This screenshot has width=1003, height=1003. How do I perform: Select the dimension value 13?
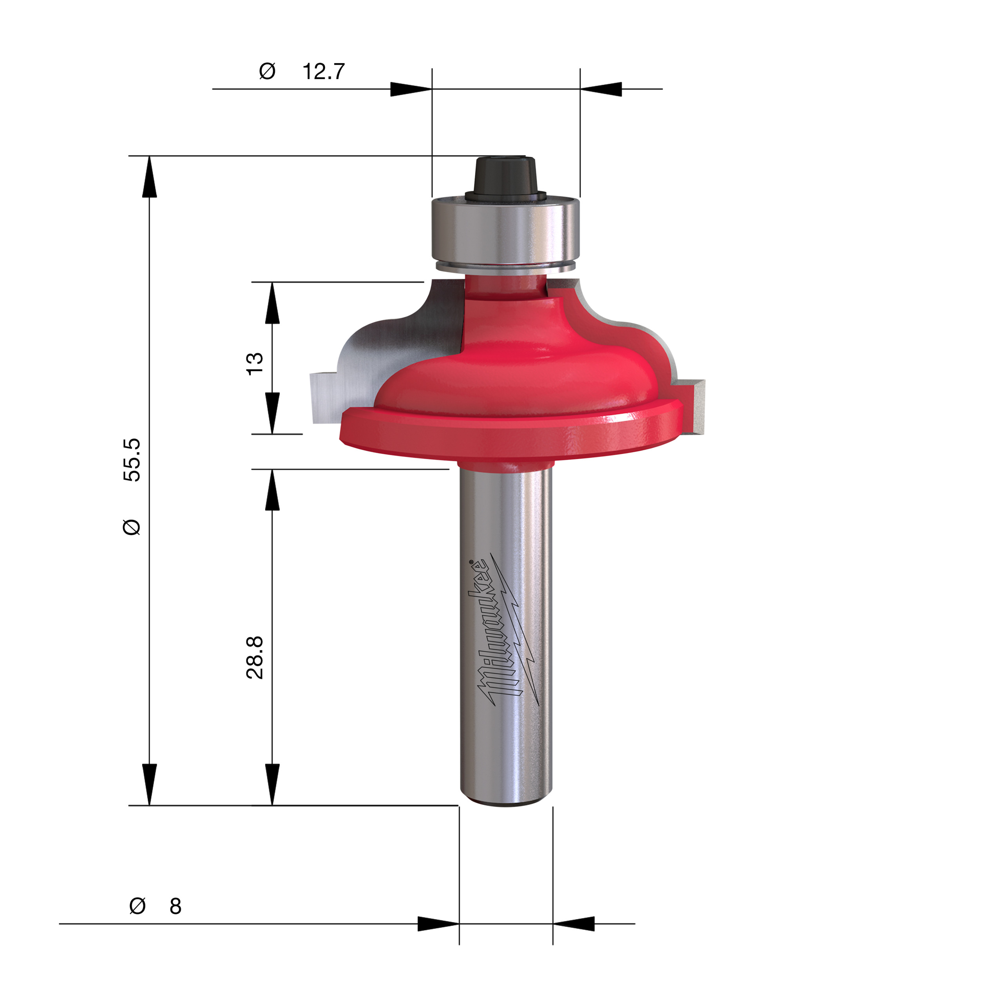coord(254,364)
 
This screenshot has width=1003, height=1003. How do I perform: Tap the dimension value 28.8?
coord(254,657)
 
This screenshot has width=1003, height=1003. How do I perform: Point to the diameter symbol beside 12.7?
coord(267,71)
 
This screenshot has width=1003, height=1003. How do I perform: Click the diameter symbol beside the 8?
coord(137,906)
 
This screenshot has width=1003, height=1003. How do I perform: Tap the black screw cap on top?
coord(505,177)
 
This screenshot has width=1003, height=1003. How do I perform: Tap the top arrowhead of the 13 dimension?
coord(272,303)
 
